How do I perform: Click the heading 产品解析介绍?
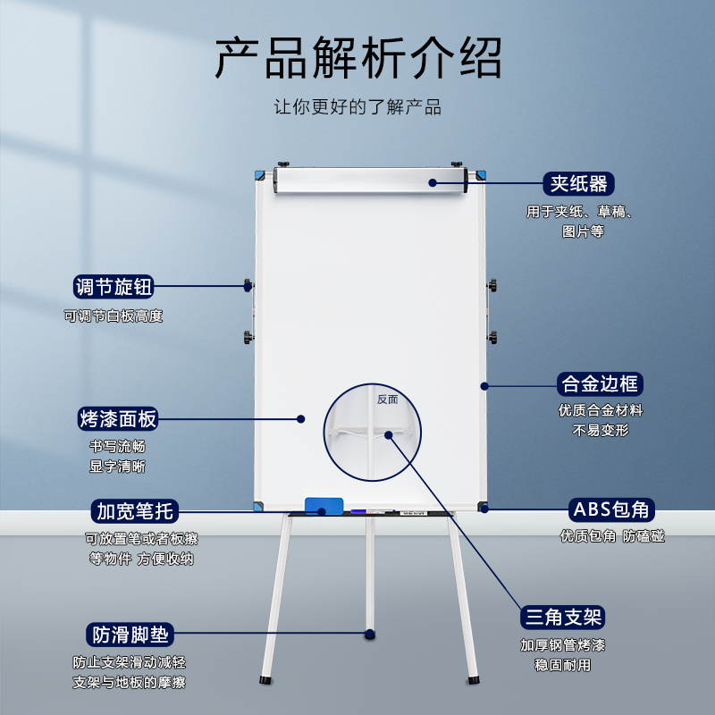tap(357, 59)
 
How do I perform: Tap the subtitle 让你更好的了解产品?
tap(357, 107)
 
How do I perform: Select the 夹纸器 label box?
tap(578, 183)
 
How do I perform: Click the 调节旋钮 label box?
tap(114, 287)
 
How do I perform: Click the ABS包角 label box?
tap(611, 509)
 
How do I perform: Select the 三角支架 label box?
tap(563, 617)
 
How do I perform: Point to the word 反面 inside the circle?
tap(387, 400)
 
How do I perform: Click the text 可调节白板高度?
tap(113, 315)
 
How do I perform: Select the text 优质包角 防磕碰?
tap(612, 536)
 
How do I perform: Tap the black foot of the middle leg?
tap(370, 634)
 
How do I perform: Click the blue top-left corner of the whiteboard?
tap(260, 174)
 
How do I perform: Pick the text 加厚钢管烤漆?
tap(563, 645)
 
